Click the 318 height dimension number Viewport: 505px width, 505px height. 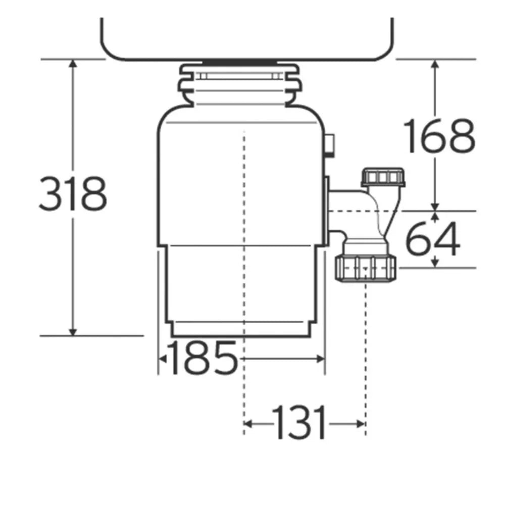click(73, 194)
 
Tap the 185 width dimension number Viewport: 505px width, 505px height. click(201, 358)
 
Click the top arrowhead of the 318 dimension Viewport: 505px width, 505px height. click(73, 63)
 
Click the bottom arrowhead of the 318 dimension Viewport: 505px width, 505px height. click(73, 331)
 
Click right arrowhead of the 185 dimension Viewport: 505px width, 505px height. click(320, 359)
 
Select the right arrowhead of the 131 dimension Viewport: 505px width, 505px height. click(361, 423)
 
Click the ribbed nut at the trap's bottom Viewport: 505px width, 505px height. click(365, 268)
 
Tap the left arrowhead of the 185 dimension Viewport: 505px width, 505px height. click(163, 359)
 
